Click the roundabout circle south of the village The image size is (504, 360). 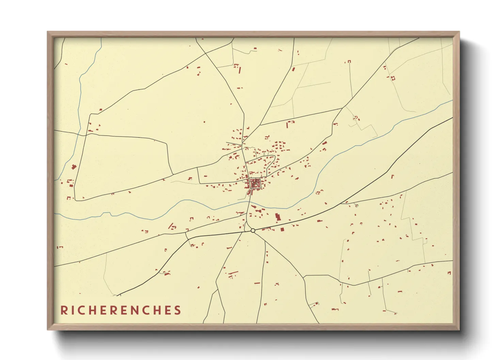(253, 231)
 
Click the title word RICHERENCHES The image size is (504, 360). (121, 310)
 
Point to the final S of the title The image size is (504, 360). (177, 310)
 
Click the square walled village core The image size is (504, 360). (255, 184)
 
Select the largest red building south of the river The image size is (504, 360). (278, 217)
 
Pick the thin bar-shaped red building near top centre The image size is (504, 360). (240, 70)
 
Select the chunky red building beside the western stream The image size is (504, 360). (74, 166)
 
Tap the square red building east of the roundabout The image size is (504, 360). (282, 230)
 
